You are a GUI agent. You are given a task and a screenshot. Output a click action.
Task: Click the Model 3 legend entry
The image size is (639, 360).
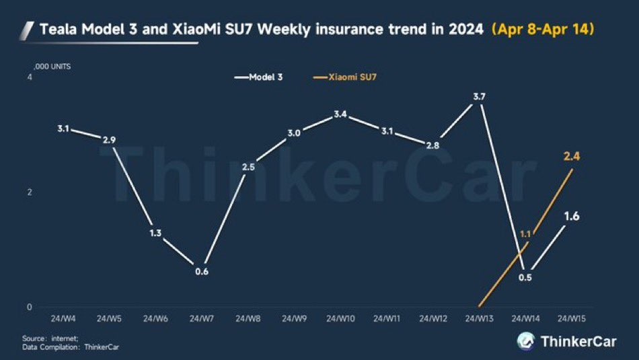pyautogui.click(x=258, y=77)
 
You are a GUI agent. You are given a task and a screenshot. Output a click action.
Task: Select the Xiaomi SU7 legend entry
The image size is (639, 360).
pyautogui.click(x=345, y=77)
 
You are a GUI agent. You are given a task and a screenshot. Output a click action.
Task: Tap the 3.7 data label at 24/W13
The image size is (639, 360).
pyautogui.click(x=479, y=97)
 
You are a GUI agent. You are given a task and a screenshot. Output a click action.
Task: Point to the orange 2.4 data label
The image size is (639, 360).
pyautogui.click(x=572, y=156)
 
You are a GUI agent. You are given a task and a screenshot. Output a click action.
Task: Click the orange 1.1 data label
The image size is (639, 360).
pyautogui.click(x=525, y=234)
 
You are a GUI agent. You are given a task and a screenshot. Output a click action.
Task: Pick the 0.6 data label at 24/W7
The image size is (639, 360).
pyautogui.click(x=202, y=272)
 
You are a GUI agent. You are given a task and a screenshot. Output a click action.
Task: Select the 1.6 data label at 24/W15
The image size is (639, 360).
pyautogui.click(x=572, y=216)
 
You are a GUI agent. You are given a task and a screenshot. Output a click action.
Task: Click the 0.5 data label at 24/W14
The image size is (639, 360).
pyautogui.click(x=525, y=278)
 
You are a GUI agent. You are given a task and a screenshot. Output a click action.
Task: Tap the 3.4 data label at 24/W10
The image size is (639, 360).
pyautogui.click(x=340, y=114)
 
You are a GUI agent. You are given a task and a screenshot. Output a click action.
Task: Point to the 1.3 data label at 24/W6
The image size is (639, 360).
pyautogui.click(x=155, y=233)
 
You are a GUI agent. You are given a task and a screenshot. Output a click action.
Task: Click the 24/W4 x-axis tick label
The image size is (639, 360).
pyautogui.click(x=63, y=318)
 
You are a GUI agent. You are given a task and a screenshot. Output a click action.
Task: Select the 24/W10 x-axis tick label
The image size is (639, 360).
pyautogui.click(x=340, y=318)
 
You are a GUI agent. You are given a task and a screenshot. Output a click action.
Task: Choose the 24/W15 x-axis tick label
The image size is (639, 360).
pyautogui.click(x=571, y=318)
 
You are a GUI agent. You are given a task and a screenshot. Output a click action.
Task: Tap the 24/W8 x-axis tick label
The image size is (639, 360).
pyautogui.click(x=248, y=318)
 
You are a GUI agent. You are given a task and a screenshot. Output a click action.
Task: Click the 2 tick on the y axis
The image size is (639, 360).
pyautogui.click(x=30, y=192)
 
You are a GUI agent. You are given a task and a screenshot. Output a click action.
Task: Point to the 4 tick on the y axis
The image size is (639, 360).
pyautogui.click(x=30, y=77)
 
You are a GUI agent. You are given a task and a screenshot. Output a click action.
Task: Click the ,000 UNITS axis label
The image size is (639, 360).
pyautogui.click(x=52, y=67)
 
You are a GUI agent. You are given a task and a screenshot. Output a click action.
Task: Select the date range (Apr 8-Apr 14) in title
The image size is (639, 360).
pyautogui.click(x=543, y=30)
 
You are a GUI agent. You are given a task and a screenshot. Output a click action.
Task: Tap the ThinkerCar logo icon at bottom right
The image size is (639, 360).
pyautogui.click(x=526, y=341)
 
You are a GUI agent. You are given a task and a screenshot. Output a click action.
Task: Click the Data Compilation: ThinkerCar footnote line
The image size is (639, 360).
pyautogui.click(x=71, y=347)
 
